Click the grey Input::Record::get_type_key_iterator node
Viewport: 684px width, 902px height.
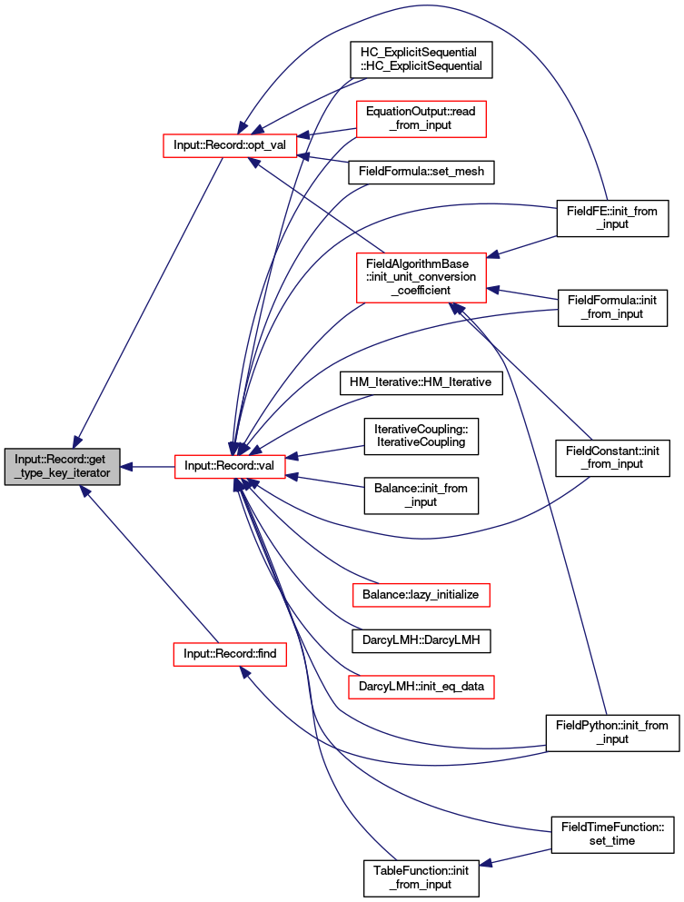point(62,467)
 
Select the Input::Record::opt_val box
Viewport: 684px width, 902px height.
point(230,145)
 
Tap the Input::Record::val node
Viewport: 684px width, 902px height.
point(230,466)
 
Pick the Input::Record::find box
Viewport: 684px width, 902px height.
point(230,654)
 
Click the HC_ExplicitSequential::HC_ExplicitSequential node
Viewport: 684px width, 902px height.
point(421,59)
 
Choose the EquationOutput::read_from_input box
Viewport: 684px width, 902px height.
point(421,119)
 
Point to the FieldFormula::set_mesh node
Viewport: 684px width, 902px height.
point(421,172)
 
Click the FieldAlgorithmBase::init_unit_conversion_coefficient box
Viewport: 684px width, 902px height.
point(421,277)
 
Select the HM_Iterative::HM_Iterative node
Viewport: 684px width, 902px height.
point(421,383)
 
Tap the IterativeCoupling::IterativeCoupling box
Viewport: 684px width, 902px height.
point(421,437)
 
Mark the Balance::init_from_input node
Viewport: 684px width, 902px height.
point(421,496)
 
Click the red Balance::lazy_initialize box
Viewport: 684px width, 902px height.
point(421,595)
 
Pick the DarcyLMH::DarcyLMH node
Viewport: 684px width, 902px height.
point(421,640)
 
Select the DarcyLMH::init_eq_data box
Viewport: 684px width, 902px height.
point(421,687)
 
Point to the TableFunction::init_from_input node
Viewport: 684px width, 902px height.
point(421,878)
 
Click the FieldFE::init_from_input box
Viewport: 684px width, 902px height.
point(612,218)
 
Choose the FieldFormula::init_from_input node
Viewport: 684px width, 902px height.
point(612,308)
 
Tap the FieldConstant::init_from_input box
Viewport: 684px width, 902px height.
point(612,458)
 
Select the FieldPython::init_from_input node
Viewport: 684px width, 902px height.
point(612,733)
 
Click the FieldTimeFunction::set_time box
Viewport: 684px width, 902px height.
point(612,835)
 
